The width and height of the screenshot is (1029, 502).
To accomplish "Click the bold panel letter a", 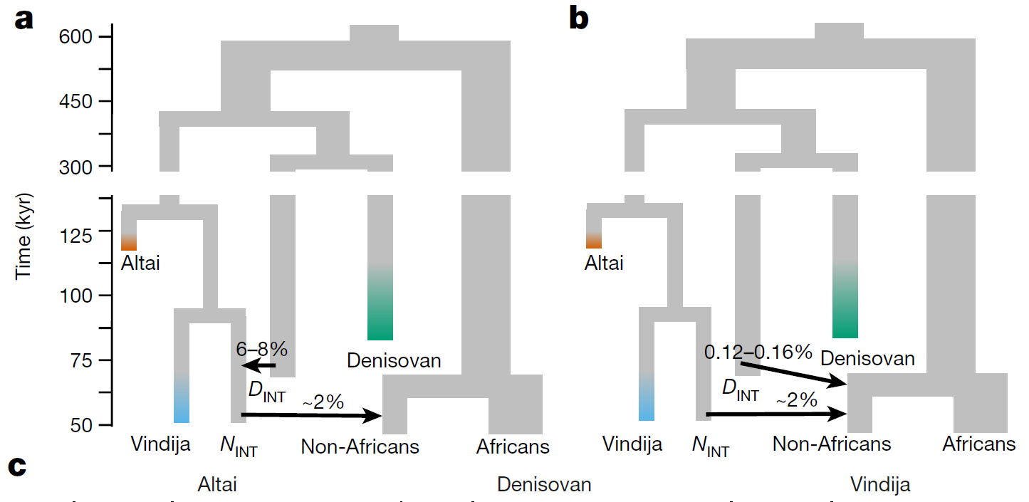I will [24, 19].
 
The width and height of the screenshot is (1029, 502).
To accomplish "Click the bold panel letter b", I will [579, 19].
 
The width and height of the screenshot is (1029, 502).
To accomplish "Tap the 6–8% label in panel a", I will [261, 349].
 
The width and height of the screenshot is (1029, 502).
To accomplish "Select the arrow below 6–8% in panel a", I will [258, 366].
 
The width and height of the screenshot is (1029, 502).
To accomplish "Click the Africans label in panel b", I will [978, 444].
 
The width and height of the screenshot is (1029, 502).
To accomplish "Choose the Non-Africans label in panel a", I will [360, 446].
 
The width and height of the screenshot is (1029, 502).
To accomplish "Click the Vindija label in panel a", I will [160, 445].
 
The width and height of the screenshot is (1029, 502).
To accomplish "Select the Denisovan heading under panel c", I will [544, 485].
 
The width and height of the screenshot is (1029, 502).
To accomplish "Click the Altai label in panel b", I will [604, 263].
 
